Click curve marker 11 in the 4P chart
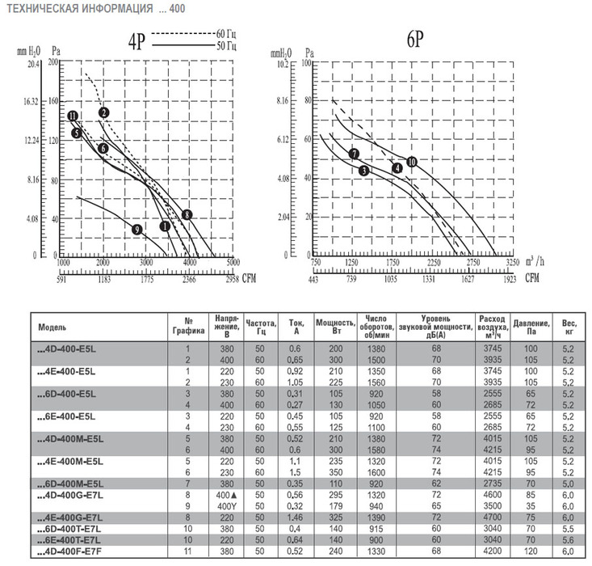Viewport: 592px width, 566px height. (73, 116)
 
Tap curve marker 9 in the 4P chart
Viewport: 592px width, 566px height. (136, 230)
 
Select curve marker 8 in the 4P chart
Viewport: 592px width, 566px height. (187, 214)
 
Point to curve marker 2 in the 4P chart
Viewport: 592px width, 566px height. (104, 112)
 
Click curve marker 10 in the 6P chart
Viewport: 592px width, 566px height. (411, 162)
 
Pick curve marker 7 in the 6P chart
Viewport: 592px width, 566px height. (354, 154)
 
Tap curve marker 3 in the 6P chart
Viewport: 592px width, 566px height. (364, 171)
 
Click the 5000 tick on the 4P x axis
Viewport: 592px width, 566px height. (233, 264)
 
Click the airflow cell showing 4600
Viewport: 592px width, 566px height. (491, 493)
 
